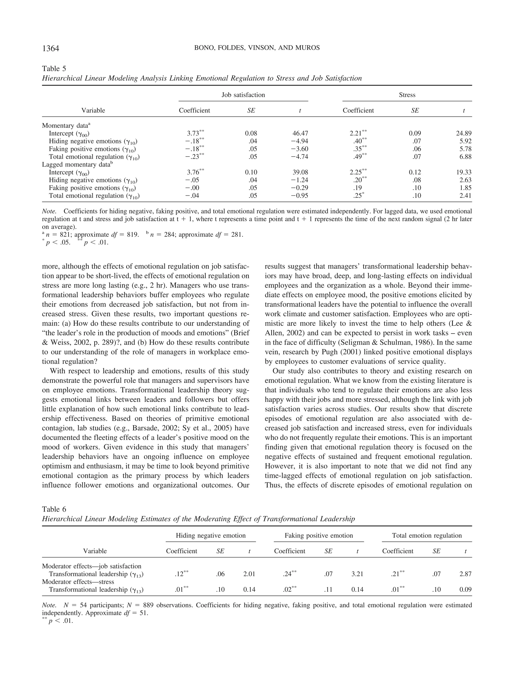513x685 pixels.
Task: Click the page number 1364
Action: click(50, 48)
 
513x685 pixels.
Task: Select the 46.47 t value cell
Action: click(300, 133)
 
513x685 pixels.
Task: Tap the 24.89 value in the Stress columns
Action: click(463, 133)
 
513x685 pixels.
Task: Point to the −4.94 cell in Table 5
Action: click(299, 141)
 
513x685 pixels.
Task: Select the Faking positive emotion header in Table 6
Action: click(319, 536)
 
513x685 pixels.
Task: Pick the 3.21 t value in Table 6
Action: click(357, 574)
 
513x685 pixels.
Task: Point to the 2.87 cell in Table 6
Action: click(465, 574)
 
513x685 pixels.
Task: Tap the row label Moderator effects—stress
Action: click(78, 582)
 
